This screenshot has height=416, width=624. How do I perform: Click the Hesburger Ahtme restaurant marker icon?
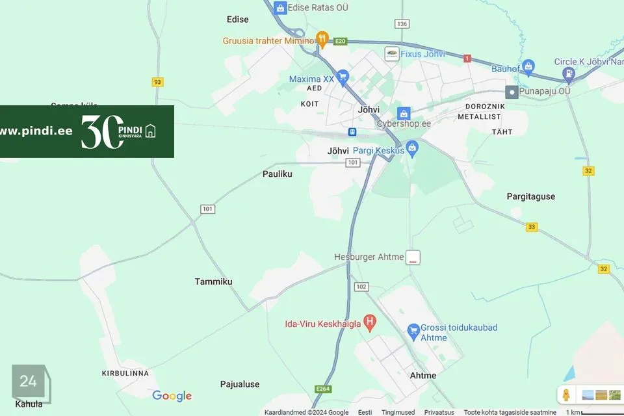coord(413,257)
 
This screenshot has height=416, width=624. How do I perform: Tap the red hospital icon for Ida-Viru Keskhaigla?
coord(370,322)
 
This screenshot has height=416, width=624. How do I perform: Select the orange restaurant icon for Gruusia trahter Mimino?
coord(322,40)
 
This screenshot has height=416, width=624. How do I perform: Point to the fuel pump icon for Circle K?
coord(569,75)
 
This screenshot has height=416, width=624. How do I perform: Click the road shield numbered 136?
coord(402,24)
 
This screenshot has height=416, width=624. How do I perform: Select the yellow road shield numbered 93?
coord(157,82)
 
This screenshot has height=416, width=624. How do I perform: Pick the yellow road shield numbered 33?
coord(532,226)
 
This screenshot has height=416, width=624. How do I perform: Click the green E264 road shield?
coord(323,389)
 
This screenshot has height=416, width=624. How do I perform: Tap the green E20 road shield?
coord(340,42)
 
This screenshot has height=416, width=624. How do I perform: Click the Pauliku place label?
coord(278,174)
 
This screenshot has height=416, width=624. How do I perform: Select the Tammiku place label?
coord(213,281)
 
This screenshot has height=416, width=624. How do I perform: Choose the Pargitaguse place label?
coord(531,196)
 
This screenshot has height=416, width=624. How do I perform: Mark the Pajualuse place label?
coord(239,384)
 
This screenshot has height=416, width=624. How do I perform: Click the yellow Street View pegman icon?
coord(566,395)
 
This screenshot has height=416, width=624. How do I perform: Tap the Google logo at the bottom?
coord(172,396)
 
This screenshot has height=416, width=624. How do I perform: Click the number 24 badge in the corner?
coord(28,382)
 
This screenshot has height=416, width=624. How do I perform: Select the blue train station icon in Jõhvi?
coord(352,132)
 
